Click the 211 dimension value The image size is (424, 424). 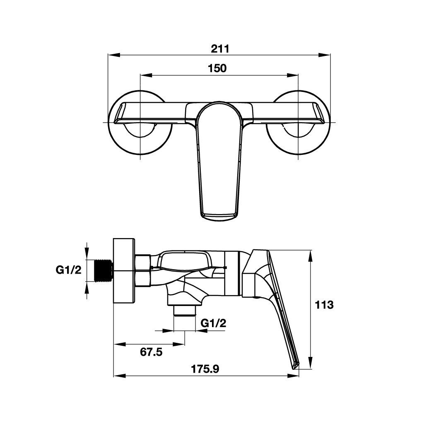(220, 49)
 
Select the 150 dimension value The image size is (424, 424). (217, 68)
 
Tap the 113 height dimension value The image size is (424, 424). (324, 305)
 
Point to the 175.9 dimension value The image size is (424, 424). (205, 369)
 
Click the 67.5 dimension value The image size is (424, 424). (151, 352)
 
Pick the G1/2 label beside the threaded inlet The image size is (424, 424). (68, 270)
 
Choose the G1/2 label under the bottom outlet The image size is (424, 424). (214, 323)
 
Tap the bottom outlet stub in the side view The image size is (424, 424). (184, 311)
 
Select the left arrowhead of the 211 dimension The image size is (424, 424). (114, 55)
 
